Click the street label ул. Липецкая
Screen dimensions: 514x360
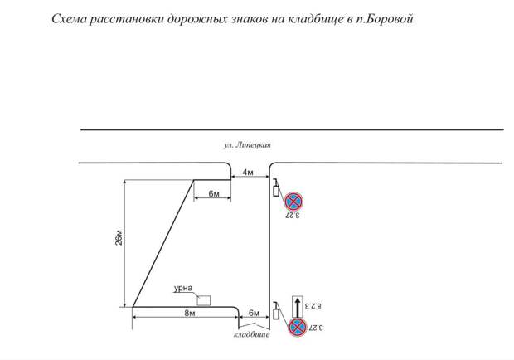247,144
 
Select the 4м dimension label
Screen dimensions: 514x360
248,173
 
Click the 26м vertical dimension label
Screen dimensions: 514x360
119,238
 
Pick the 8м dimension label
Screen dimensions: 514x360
190,313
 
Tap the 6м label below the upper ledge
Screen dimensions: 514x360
214,194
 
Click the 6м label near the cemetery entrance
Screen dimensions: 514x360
254,313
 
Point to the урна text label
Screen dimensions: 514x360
183,288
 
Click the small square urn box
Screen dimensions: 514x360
204,300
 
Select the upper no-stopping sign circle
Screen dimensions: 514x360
293,202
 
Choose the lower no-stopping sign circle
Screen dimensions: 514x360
298,327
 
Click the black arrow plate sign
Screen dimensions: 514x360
298,307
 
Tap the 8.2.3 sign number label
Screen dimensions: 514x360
313,306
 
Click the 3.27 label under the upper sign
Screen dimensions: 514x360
292,216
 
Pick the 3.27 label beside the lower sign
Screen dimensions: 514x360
315,328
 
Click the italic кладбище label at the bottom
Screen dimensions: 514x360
251,334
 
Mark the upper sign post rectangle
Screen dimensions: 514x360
276,191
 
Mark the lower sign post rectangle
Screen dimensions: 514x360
276,314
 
